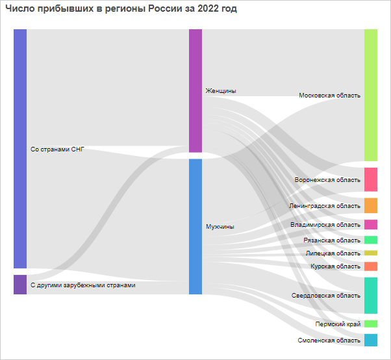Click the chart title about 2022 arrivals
tap(121, 9)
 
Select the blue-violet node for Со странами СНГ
tap(20, 148)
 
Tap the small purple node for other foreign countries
tap(20, 285)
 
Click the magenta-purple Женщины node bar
tap(195, 90)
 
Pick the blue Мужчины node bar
tap(195, 226)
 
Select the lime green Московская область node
tap(370, 95)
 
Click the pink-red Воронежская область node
tap(370, 179)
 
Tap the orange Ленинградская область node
tap(370, 205)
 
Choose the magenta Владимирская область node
tap(370, 225)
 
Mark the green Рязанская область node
tap(370, 240)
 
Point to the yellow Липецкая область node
tap(370, 253)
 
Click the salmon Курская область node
tap(370, 266)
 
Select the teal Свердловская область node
tap(370, 295)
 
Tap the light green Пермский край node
tap(370, 324)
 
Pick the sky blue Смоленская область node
tap(370, 340)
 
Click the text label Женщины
tap(221, 91)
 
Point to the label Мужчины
tap(220, 227)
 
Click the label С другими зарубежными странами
tap(83, 285)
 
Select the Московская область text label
tap(329, 96)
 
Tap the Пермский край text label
tap(338, 324)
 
